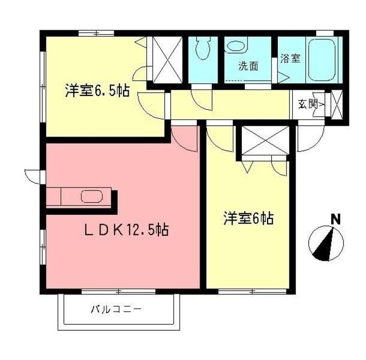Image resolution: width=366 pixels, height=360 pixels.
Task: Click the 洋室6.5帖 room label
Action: click(x=96, y=91)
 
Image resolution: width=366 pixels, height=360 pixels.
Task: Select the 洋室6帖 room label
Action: click(x=248, y=218)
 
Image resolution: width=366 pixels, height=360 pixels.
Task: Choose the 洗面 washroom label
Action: click(x=248, y=66)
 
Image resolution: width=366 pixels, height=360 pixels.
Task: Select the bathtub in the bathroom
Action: click(x=324, y=59)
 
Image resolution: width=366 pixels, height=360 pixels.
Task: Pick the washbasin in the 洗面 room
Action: click(x=236, y=46)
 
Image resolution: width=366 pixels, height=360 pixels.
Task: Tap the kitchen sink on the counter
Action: click(x=91, y=197)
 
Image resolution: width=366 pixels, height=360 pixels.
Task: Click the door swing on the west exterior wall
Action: click(x=33, y=175)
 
